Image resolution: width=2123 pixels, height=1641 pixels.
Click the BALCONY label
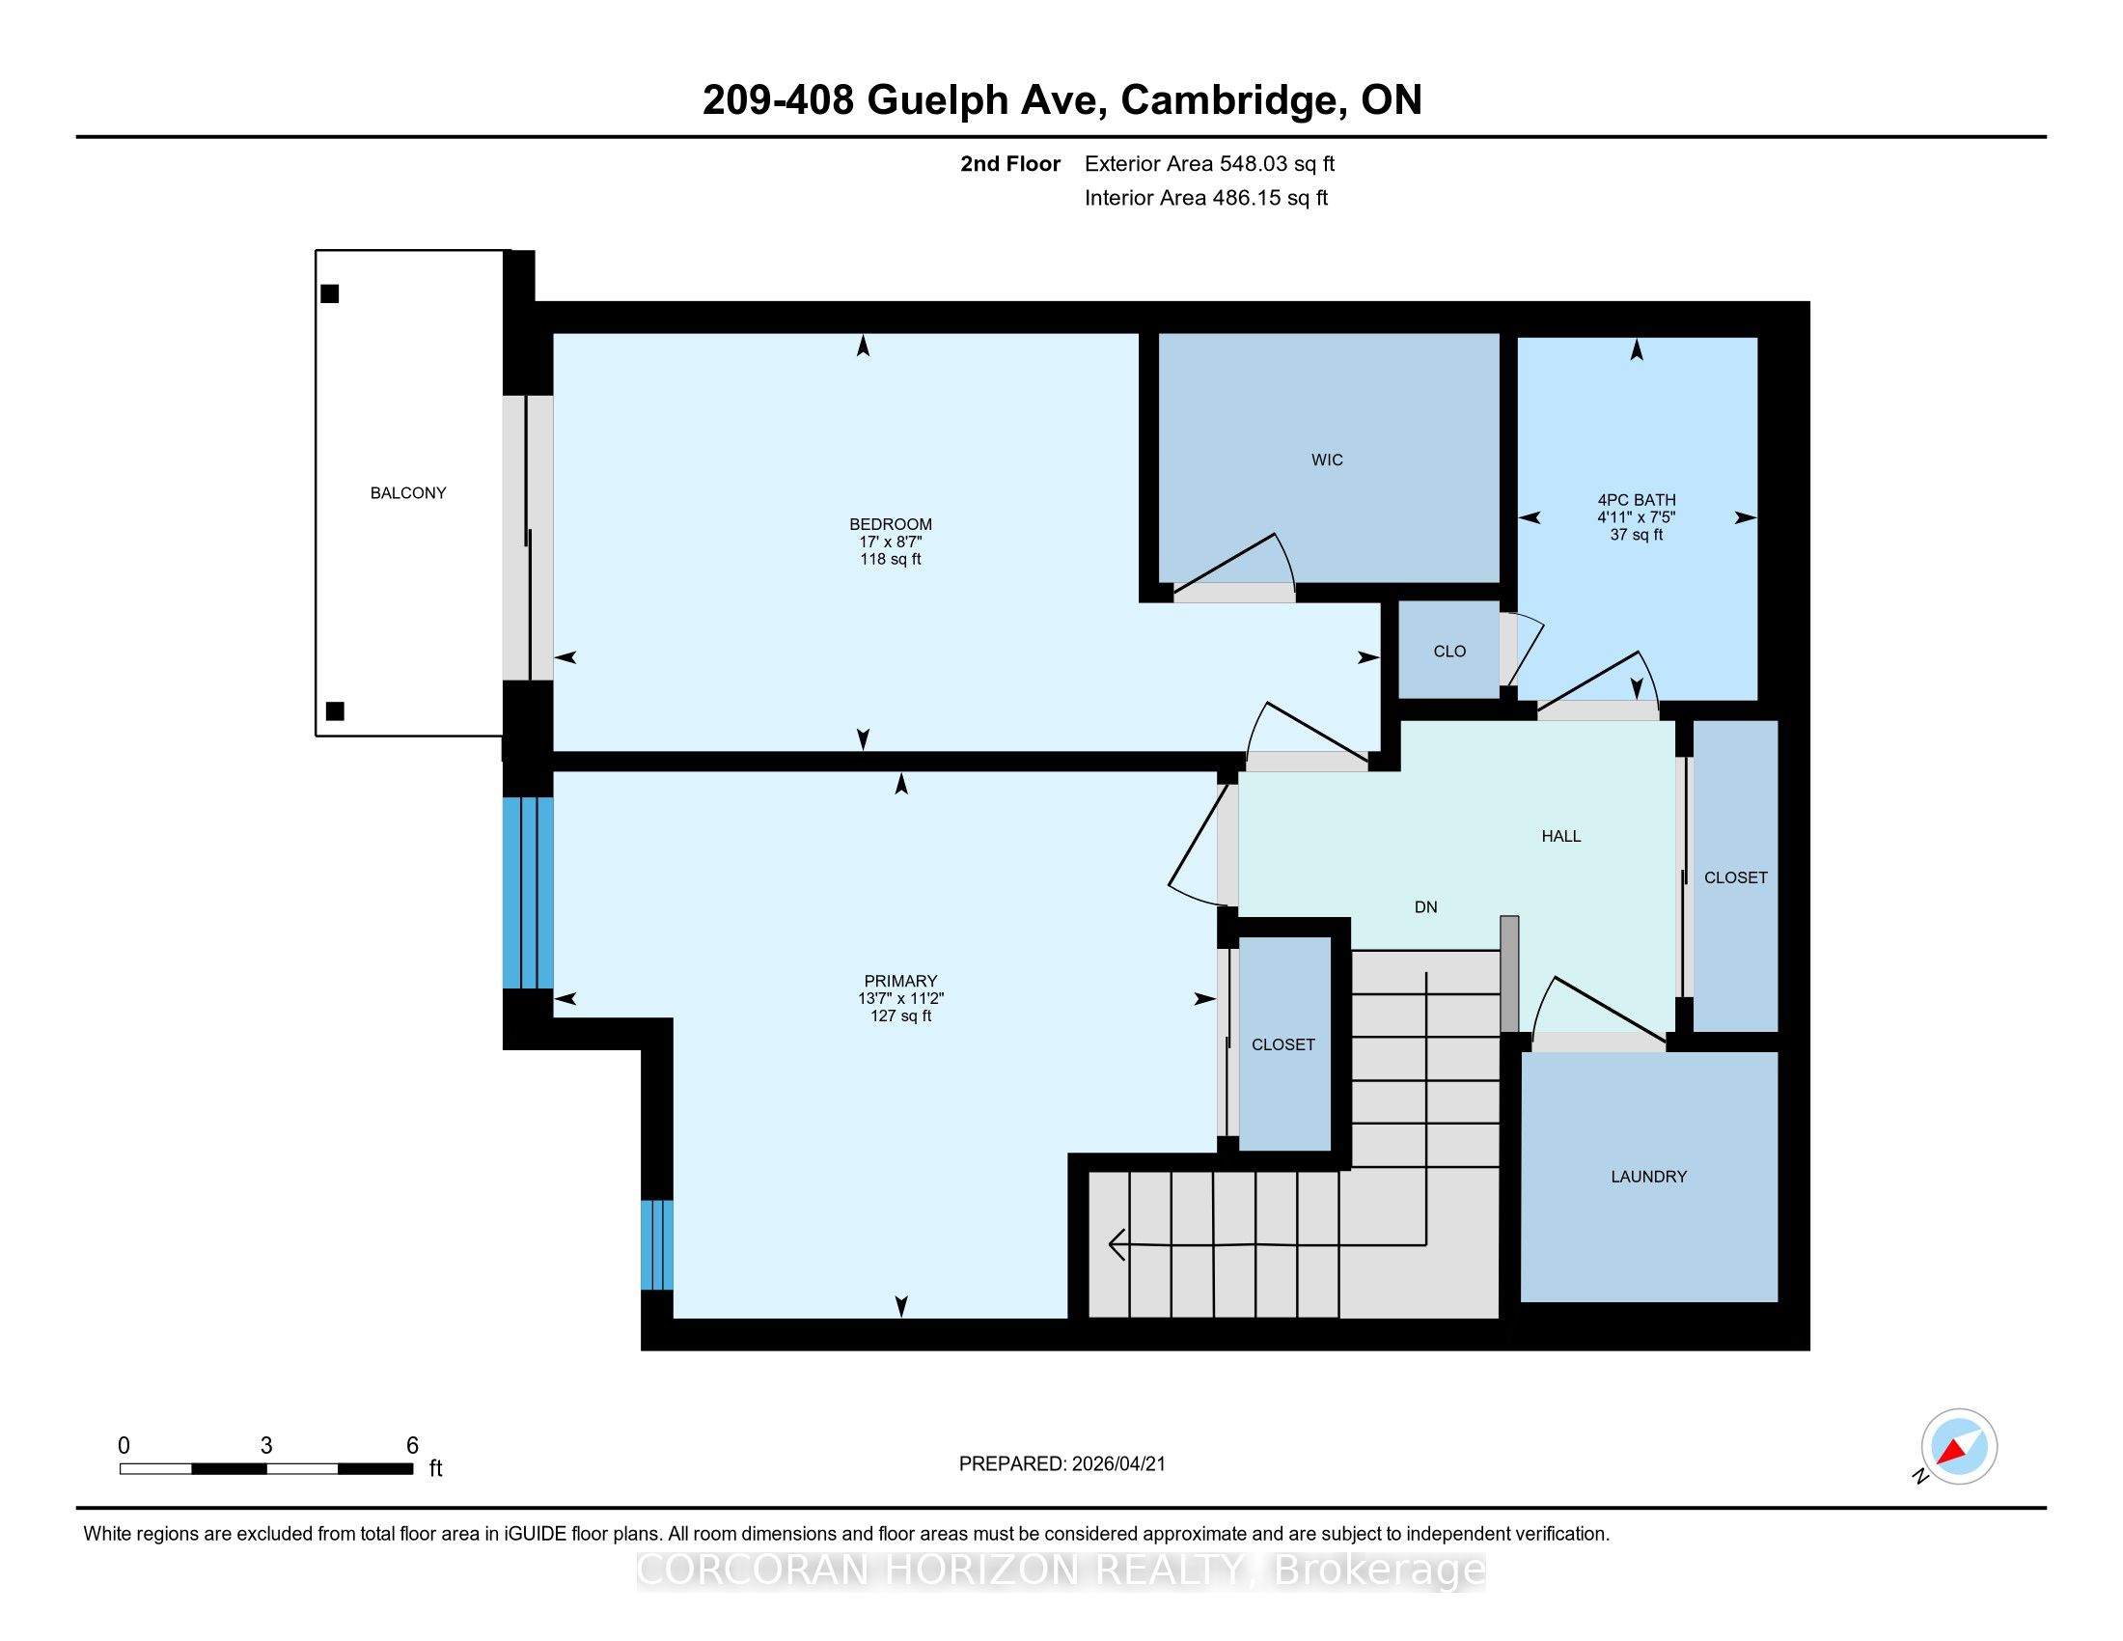tap(408, 493)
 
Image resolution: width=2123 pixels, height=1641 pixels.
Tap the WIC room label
tap(1327, 459)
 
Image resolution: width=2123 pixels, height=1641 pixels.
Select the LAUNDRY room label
tap(1648, 1177)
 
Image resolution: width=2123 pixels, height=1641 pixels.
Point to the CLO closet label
tap(1449, 652)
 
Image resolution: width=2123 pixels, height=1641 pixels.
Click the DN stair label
tap(1426, 907)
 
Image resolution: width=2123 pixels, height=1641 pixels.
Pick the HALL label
tap(1561, 836)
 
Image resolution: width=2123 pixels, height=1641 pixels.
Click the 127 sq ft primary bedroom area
tap(901, 1015)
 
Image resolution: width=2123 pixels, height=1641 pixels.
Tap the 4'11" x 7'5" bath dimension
tap(1637, 517)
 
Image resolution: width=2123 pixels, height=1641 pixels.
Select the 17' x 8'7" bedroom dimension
tap(891, 542)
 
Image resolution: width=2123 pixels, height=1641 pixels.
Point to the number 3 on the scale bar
tap(266, 1446)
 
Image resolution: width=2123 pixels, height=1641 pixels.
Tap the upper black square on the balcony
tap(330, 293)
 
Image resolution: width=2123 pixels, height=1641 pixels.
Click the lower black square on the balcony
tap(336, 710)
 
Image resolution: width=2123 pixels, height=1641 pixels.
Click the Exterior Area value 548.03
tap(1253, 163)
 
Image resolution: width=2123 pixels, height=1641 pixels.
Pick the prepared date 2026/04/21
tap(1117, 1464)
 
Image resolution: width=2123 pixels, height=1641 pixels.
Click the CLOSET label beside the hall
tap(1736, 876)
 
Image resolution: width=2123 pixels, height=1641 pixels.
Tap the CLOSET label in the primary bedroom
tap(1283, 1044)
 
